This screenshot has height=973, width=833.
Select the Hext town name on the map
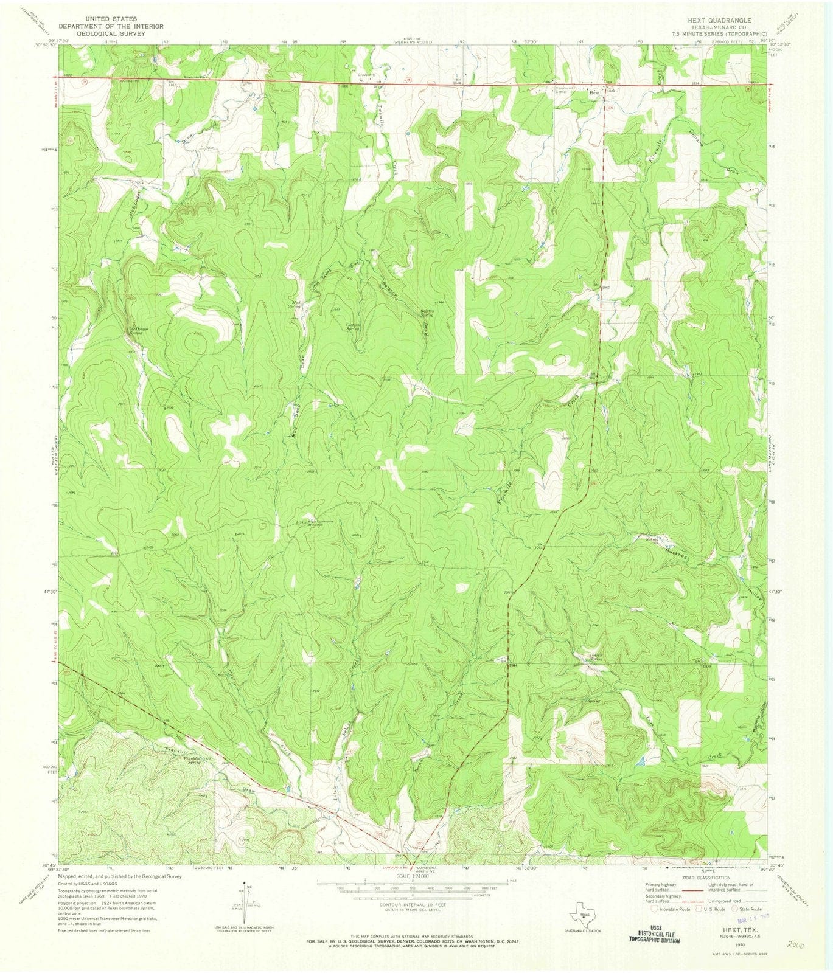tap(594, 94)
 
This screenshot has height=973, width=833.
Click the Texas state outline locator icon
tap(584, 912)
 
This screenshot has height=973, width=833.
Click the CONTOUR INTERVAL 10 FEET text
tap(411, 905)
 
